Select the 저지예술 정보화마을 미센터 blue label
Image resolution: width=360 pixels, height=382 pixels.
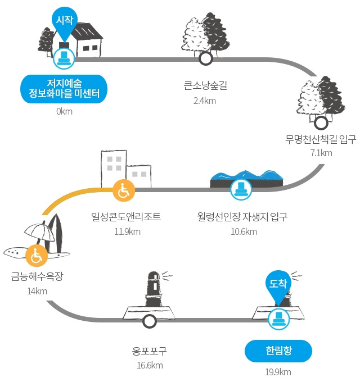[x=64, y=89]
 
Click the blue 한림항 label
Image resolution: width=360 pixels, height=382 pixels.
[x=278, y=351]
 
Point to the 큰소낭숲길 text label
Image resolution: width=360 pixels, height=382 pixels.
[x=205, y=85]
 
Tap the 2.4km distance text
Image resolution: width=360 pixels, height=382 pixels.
[x=205, y=101]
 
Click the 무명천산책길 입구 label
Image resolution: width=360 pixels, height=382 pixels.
[x=321, y=139]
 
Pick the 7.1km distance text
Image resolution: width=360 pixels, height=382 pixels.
[x=321, y=153]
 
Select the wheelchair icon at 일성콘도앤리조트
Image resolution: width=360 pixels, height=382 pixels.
[x=124, y=190]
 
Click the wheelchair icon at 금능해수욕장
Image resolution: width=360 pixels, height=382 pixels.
[x=37, y=255]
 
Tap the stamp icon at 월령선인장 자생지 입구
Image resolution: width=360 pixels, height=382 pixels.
[x=241, y=189]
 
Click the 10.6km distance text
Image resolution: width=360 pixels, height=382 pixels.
[x=244, y=231]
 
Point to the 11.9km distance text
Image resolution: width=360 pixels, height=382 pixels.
[x=127, y=231]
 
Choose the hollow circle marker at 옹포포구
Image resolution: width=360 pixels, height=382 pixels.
[x=149, y=321]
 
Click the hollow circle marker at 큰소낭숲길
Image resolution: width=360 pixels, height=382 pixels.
[x=205, y=58]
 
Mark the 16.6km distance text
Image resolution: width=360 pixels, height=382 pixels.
[x=150, y=366]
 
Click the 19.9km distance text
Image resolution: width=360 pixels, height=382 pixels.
[x=278, y=372]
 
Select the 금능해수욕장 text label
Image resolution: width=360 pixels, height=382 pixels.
[x=37, y=276]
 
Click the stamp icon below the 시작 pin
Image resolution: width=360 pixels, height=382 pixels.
[x=64, y=58]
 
